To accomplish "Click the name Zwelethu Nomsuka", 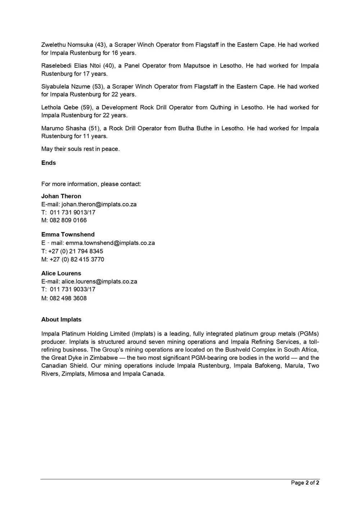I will point(67,45).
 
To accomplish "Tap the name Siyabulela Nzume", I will point(66,87).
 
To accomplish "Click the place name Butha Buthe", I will point(195,129).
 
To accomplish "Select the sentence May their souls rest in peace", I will point(80,149).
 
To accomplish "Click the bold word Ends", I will point(49,163).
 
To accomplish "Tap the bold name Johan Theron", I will point(61,196).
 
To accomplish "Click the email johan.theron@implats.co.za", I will point(99,204).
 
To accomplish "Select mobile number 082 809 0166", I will point(68,220).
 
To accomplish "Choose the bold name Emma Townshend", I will point(68,235).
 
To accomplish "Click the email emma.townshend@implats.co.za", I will point(110,243).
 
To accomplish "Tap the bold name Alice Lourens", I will point(61,274).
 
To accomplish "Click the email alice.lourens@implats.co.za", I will point(99,281).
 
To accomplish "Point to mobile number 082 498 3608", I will point(68,298).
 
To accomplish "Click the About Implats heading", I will point(61,320).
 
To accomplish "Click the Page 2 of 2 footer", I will point(305,483).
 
